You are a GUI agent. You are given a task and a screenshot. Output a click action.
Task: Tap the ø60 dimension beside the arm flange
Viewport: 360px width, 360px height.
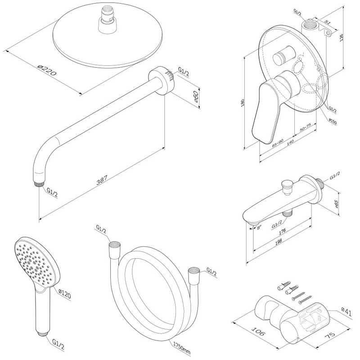pyautogui.click(x=196, y=97)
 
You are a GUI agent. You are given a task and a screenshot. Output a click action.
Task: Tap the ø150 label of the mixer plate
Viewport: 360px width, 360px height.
pyautogui.click(x=333, y=121)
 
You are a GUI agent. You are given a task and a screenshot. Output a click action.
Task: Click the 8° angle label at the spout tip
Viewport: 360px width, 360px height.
pyautogui.click(x=259, y=228)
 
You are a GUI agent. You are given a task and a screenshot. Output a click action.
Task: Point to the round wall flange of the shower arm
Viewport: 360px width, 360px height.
pyautogui.click(x=162, y=80)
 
